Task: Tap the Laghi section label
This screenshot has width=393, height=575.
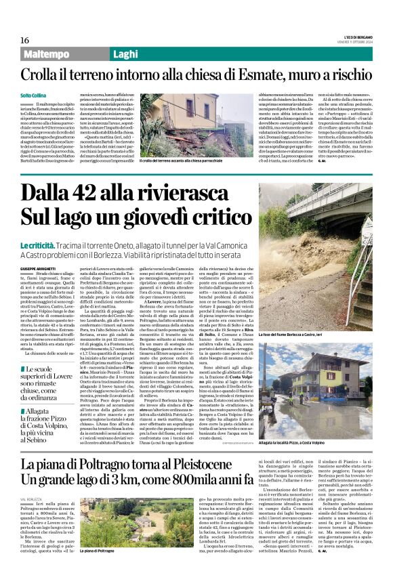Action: [x=126, y=54]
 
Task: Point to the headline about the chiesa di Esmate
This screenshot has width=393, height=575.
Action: [x=196, y=74]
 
